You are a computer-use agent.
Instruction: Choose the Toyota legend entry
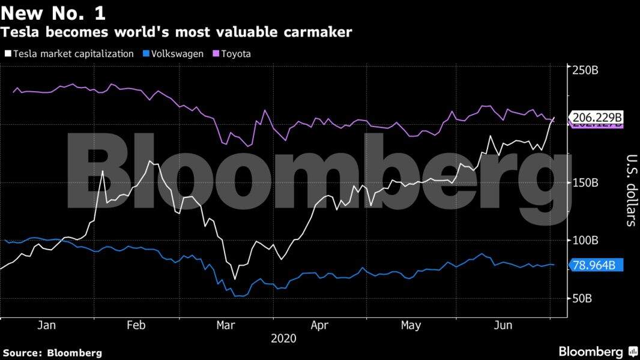236,54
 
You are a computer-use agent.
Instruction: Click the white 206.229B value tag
597,117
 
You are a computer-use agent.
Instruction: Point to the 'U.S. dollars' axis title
631,191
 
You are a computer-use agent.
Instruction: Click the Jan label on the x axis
47,325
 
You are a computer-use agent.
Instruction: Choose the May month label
411,325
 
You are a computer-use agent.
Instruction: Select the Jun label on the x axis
502,325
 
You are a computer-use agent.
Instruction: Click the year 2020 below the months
283,338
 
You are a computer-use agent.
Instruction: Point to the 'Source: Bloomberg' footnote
52,353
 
